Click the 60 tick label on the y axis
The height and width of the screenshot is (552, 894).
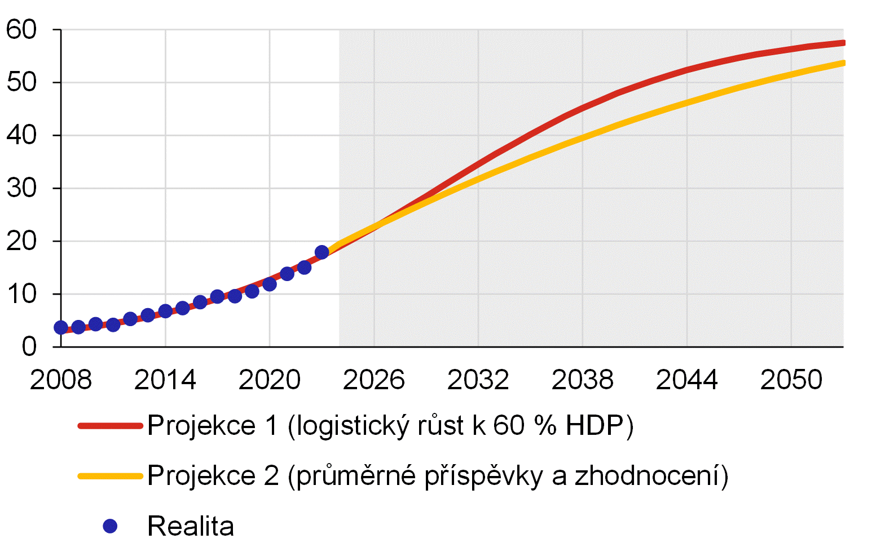21,30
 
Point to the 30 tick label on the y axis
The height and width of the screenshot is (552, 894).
21,188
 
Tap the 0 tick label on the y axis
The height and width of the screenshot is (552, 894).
29,346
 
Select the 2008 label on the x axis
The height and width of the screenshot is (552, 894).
61,380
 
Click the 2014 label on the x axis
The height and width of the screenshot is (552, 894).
165,380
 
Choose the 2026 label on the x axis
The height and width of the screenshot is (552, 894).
374,380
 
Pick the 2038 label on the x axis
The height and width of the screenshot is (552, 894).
583,380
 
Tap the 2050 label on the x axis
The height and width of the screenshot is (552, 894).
791,380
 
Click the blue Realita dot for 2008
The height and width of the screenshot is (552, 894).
61,327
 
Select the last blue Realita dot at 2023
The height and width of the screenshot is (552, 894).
322,252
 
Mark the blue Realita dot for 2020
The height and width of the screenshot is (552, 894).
270,284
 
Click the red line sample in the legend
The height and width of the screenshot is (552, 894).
110,425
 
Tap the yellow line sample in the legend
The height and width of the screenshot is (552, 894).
110,476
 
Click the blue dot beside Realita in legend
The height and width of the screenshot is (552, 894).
110,526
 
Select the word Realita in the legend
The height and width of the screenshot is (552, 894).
191,526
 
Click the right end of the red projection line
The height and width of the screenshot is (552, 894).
843,43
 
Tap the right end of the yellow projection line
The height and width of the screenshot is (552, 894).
843,63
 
